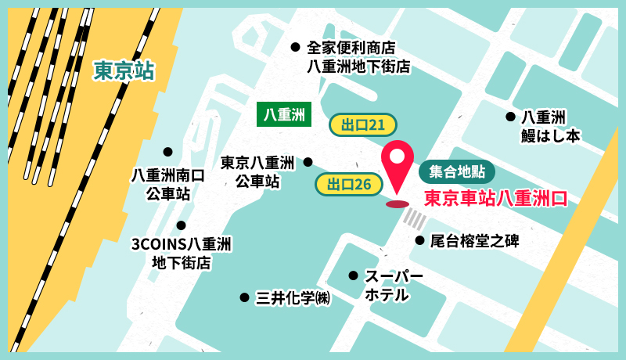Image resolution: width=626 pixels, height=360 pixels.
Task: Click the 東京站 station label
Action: click(123, 70)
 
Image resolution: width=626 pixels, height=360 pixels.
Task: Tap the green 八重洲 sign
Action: click(284, 114)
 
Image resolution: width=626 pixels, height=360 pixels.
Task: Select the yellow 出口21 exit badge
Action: click(363, 124)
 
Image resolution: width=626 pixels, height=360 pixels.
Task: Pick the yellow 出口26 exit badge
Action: click(348, 185)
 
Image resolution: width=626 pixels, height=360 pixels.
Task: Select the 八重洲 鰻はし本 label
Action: click(551, 125)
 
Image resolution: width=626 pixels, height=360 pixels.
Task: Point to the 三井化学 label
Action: click(293, 297)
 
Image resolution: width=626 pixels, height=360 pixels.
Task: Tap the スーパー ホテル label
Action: click(394, 286)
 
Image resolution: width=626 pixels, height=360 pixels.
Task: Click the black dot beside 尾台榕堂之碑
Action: click(419, 240)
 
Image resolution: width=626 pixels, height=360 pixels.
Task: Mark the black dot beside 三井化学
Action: click(244, 297)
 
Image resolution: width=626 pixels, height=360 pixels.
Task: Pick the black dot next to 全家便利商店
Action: click(295, 47)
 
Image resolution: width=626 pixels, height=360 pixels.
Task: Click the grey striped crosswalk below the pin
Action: click(414, 220)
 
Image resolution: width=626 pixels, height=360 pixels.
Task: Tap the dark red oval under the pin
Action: click(398, 204)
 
